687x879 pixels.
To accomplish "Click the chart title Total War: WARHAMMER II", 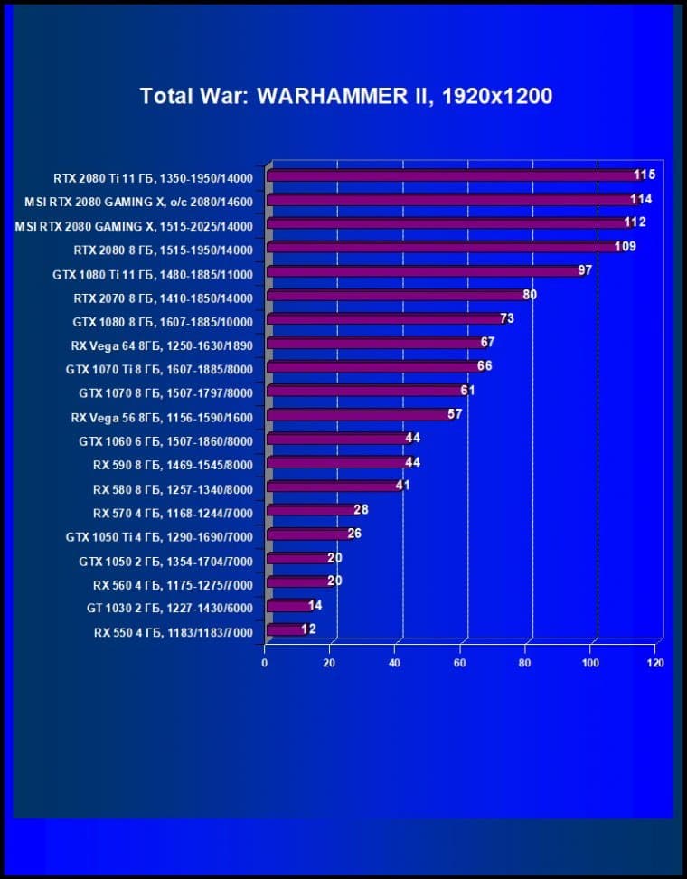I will pyautogui.click(x=345, y=96).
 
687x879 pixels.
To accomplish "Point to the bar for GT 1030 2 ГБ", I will pyautogui.click(x=288, y=606).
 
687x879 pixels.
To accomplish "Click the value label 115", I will pyautogui.click(x=644, y=175).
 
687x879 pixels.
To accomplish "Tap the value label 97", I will pyautogui.click(x=584, y=270).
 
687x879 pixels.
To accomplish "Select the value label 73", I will pyautogui.click(x=507, y=318).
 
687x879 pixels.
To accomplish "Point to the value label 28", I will pyautogui.click(x=361, y=510).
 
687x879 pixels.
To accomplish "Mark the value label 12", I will pyautogui.click(x=308, y=629).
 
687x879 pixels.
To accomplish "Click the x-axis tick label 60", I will pyautogui.click(x=460, y=663).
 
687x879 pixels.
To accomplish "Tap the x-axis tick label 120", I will pyautogui.click(x=655, y=663).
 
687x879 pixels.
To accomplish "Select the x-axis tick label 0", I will pyautogui.click(x=265, y=663).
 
